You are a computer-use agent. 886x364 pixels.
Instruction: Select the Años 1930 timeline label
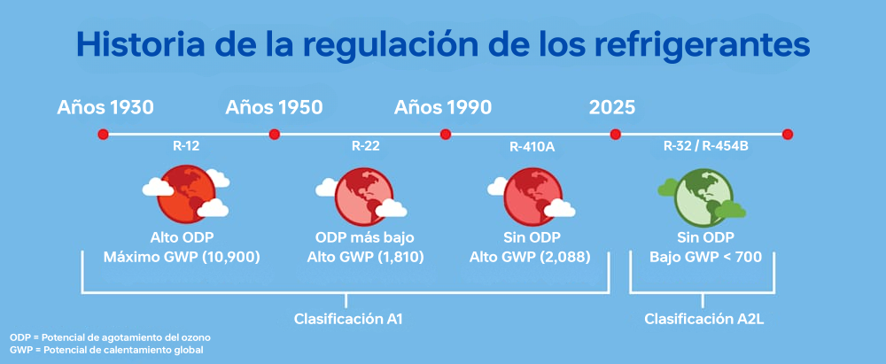tap(105, 107)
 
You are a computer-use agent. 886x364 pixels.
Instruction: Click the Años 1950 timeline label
tap(274, 107)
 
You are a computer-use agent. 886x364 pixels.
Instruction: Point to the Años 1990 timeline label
tap(443, 107)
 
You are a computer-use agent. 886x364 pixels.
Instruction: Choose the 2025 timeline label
tap(612, 107)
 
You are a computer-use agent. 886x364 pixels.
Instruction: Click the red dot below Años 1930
tap(103, 135)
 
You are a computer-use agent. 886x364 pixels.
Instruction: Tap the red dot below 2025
tap(616, 135)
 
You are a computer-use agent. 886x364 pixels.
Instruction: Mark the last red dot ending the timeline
tap(788, 135)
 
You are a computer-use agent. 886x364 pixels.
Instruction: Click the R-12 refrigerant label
tap(186, 148)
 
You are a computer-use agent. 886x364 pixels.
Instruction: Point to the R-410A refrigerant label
tap(531, 148)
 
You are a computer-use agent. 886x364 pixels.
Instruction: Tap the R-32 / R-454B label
tap(706, 148)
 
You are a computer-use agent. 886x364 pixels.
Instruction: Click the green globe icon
tap(704, 195)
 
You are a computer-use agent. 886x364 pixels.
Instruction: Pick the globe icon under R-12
tap(186, 195)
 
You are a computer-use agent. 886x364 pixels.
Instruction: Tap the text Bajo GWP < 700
tap(705, 257)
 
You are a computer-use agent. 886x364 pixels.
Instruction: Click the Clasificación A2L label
tap(704, 319)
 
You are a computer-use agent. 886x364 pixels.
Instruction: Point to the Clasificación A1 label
tap(348, 319)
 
